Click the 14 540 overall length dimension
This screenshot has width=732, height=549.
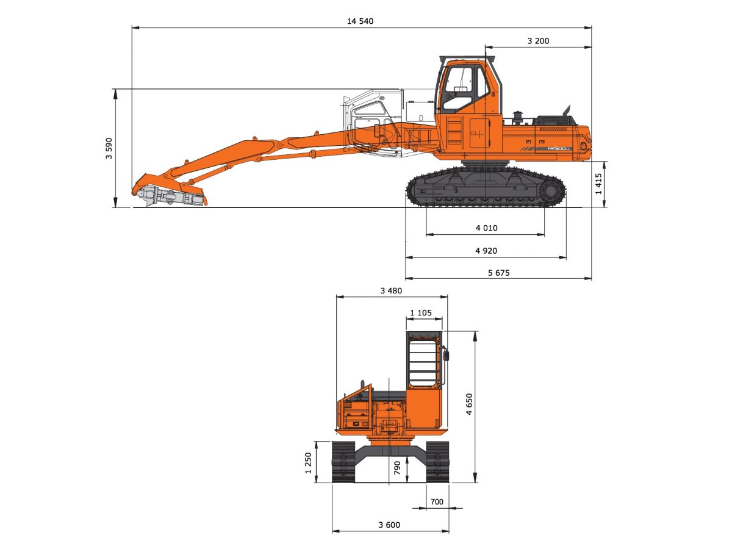pyautogui.click(x=360, y=21)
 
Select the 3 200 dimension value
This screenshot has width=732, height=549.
pyautogui.click(x=538, y=41)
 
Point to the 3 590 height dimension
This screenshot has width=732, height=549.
pyautogui.click(x=109, y=148)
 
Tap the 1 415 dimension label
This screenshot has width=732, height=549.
pyautogui.click(x=598, y=184)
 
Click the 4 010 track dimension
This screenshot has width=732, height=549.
pyautogui.click(x=486, y=228)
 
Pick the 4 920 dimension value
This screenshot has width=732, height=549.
pyautogui.click(x=486, y=251)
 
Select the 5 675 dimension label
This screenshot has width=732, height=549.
pyautogui.click(x=498, y=273)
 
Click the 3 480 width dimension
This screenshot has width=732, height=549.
pyautogui.click(x=391, y=291)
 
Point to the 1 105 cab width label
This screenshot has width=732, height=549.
pyautogui.click(x=421, y=313)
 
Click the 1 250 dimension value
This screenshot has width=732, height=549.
pyautogui.click(x=309, y=462)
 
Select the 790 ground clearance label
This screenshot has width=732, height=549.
pyautogui.click(x=397, y=468)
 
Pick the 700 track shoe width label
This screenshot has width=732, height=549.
pyautogui.click(x=437, y=502)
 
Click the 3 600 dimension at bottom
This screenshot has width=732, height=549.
pyautogui.click(x=390, y=525)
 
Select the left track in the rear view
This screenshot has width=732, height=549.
pyautogui.click(x=343, y=462)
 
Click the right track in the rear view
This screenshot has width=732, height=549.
pyautogui.click(x=437, y=462)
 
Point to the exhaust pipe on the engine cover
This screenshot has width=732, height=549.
pyautogui.click(x=567, y=111)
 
